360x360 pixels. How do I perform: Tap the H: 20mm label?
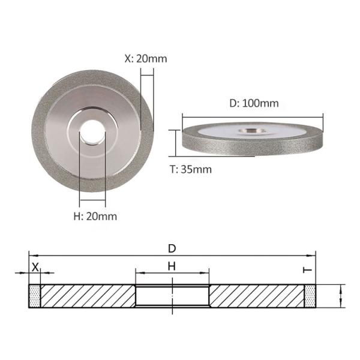[x=95, y=215]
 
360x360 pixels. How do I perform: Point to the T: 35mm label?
[x=191, y=169]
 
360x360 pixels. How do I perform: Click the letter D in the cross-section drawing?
[x=172, y=248]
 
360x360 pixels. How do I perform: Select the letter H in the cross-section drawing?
[x=172, y=265]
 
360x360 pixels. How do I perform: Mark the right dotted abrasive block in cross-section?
[x=310, y=296]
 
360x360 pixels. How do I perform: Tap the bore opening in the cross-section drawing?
[x=172, y=296]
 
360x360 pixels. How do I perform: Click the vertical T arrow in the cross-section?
[x=341, y=296]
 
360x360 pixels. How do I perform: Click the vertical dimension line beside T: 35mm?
[x=174, y=142]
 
